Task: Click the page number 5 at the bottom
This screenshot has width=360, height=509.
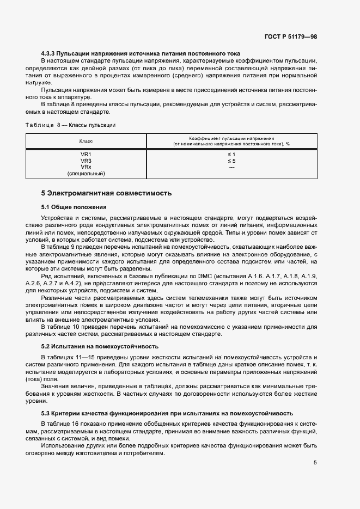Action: pos(315,463)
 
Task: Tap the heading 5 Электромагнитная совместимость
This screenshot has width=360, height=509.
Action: pos(106,193)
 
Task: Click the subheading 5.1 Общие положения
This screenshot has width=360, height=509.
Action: pos(74,207)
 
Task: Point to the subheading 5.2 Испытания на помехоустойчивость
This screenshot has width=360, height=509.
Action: pos(100,346)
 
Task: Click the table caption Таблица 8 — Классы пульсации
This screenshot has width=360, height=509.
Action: pos(70,125)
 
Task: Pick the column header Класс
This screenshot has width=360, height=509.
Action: pos(86,141)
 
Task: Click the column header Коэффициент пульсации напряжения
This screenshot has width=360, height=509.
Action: pos(231,138)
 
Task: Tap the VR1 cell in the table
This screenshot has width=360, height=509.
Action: pos(86,155)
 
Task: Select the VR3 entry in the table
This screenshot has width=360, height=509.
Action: pos(86,161)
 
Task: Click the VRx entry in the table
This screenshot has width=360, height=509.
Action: pos(86,167)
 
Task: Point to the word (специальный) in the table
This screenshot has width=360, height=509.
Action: pos(86,174)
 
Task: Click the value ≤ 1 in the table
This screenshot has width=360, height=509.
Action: pos(231,155)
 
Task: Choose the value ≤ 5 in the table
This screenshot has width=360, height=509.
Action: pos(231,161)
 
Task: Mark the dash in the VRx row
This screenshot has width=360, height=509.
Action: pos(231,167)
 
